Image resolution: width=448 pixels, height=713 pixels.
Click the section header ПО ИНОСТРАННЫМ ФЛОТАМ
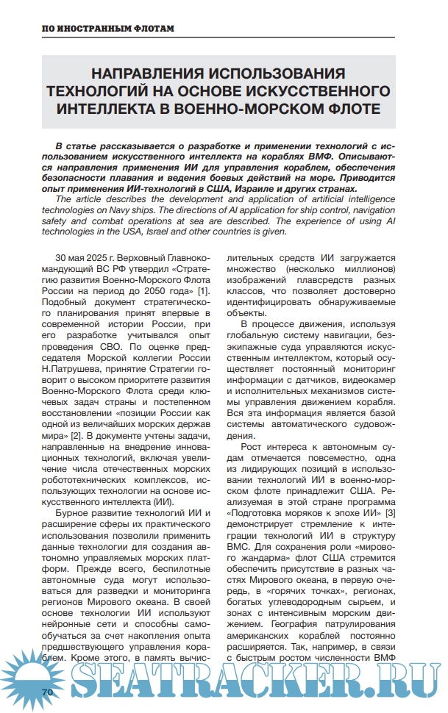click(x=107, y=29)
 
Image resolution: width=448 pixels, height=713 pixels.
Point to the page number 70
click(x=49, y=692)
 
